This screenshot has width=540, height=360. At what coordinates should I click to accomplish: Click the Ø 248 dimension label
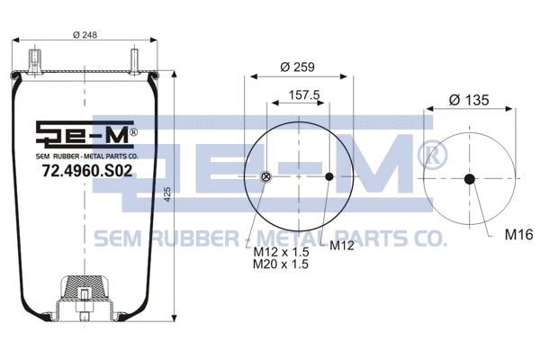tap(85, 36)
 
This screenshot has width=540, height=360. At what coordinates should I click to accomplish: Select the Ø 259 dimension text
tap(297, 67)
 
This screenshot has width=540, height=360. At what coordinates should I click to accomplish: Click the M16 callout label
tap(518, 236)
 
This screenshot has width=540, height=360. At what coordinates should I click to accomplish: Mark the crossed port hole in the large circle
tap(265, 176)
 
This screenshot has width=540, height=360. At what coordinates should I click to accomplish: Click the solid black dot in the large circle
tap(329, 176)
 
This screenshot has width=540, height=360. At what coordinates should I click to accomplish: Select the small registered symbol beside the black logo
tap(133, 132)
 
